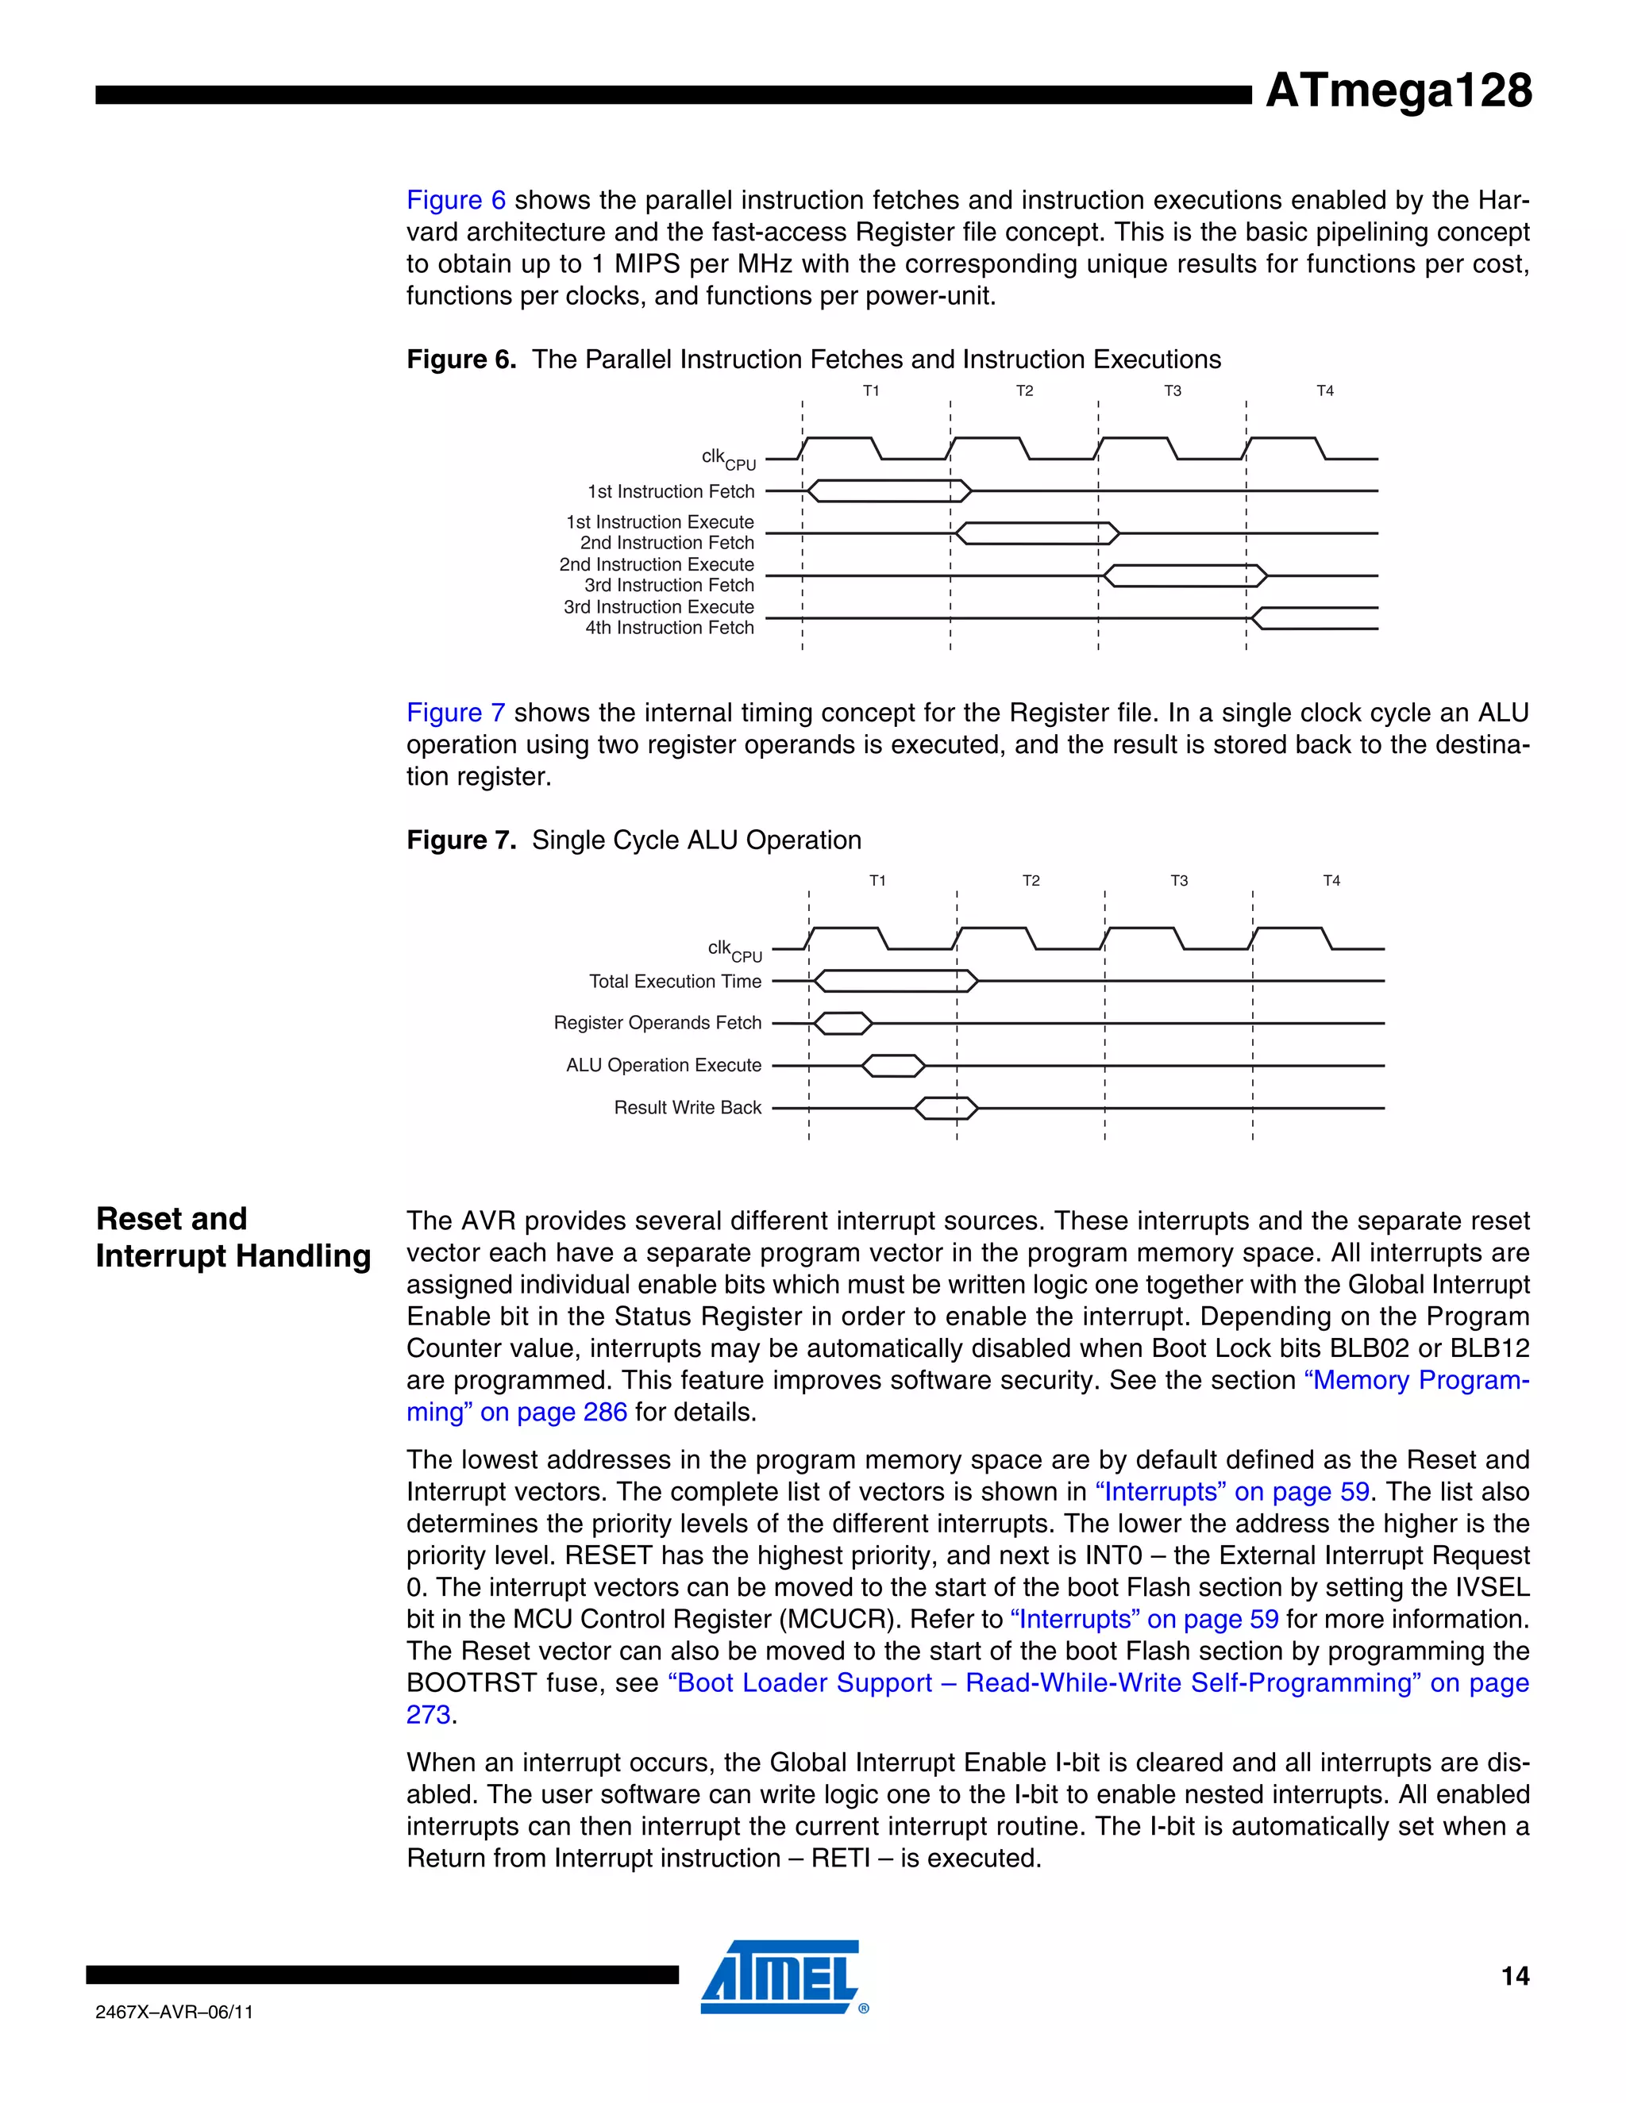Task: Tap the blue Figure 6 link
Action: [456, 200]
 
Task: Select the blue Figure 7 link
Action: [456, 713]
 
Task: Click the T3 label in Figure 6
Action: [1173, 391]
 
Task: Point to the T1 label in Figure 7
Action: [877, 881]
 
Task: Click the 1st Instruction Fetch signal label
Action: [672, 492]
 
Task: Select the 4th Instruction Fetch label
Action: [669, 628]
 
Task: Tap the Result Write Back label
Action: [688, 1109]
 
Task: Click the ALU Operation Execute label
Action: [664, 1066]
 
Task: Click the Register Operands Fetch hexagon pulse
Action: [843, 1024]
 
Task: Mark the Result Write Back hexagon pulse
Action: [946, 1109]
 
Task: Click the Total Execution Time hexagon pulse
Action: [896, 981]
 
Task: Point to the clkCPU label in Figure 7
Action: [734, 952]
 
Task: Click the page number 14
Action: [1514, 1977]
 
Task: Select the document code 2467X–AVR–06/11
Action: [175, 2013]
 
